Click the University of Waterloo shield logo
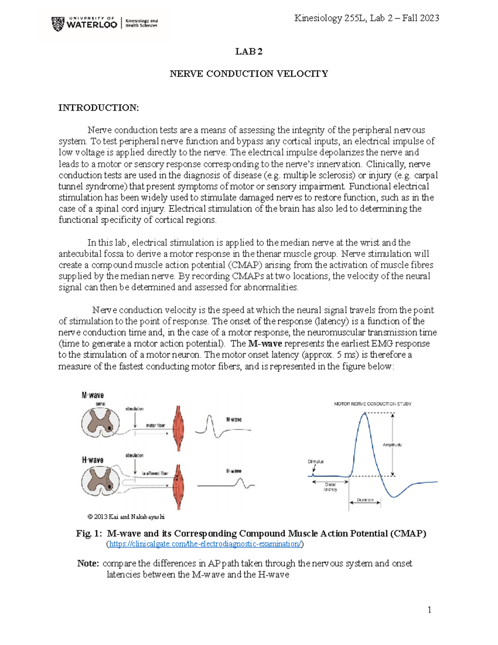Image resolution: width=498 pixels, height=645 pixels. (58, 24)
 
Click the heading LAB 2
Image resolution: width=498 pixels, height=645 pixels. (249, 52)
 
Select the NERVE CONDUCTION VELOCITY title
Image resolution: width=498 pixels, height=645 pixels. (249, 74)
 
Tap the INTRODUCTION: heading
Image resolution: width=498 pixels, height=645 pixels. (98, 108)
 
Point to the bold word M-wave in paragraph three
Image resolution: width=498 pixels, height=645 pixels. (265, 344)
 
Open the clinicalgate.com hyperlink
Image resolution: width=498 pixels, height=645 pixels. (205, 544)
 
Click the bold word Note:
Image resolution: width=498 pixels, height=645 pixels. (88, 564)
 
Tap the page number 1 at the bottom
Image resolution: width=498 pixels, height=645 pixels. (430, 610)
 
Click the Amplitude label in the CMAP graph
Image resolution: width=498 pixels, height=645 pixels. (392, 445)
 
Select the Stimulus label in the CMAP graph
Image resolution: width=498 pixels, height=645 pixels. (315, 461)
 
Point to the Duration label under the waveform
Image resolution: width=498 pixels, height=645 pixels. (365, 500)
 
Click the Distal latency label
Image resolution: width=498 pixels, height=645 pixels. (330, 487)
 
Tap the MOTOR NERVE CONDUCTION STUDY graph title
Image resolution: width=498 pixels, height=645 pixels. (372, 404)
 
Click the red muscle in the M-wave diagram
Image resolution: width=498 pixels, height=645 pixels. (178, 428)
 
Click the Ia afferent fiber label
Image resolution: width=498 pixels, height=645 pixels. (155, 473)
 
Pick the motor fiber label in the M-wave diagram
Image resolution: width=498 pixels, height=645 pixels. (155, 426)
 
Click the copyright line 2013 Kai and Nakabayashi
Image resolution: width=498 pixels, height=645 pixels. (126, 517)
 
